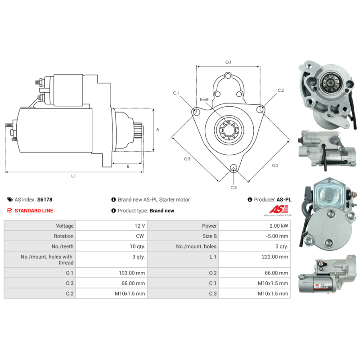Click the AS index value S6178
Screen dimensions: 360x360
pyautogui.click(x=45, y=199)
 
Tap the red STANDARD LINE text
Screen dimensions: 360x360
pyautogui.click(x=34, y=211)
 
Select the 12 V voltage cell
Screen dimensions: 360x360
pyautogui.click(x=139, y=226)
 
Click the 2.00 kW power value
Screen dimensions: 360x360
pyautogui.click(x=279, y=226)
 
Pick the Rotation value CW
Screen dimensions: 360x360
pyautogui.click(x=140, y=236)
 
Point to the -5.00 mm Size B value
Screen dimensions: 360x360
pyautogui.click(x=277, y=236)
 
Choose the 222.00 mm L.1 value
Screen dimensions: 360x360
pyautogui.click(x=275, y=256)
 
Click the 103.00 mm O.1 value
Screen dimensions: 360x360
pyautogui.click(x=132, y=273)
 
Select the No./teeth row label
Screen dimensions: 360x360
pyautogui.click(x=63, y=246)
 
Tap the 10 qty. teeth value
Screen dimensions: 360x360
pyautogui.click(x=137, y=246)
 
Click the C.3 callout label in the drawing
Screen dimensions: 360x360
pyautogui.click(x=234, y=188)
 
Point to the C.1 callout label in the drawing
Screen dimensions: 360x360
pyautogui.click(x=176, y=93)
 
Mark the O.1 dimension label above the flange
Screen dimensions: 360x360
pyautogui.click(x=228, y=62)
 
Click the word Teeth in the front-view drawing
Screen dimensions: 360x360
pyautogui.click(x=204, y=99)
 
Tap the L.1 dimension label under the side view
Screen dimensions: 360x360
pyautogui.click(x=73, y=176)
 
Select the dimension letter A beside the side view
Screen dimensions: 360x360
pyautogui.click(x=158, y=130)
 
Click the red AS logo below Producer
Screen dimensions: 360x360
pyautogui.click(x=278, y=210)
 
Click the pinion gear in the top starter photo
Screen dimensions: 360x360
pyautogui.click(x=329, y=83)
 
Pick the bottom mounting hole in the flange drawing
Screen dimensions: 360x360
pyautogui.click(x=234, y=167)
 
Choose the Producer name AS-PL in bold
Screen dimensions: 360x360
pyautogui.click(x=284, y=199)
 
